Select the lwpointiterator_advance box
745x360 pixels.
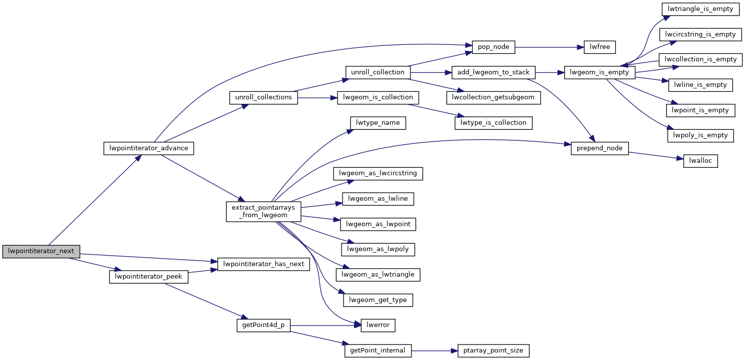tap(148, 148)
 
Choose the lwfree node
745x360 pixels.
tap(597, 47)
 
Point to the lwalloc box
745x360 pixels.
tap(700, 161)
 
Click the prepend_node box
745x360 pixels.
tap(600, 148)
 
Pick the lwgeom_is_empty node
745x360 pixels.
tap(599, 72)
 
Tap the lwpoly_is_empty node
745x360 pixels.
tap(700, 135)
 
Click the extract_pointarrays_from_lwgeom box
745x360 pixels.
tap(264, 211)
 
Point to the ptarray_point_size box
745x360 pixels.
tap(493, 351)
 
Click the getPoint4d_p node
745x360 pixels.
tap(263, 326)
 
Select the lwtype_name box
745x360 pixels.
tap(377, 123)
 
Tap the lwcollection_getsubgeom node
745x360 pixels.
tap(493, 97)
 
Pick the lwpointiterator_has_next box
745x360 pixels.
tap(264, 264)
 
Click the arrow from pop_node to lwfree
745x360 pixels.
tap(546, 47)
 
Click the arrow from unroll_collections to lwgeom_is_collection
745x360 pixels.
tap(318, 98)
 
